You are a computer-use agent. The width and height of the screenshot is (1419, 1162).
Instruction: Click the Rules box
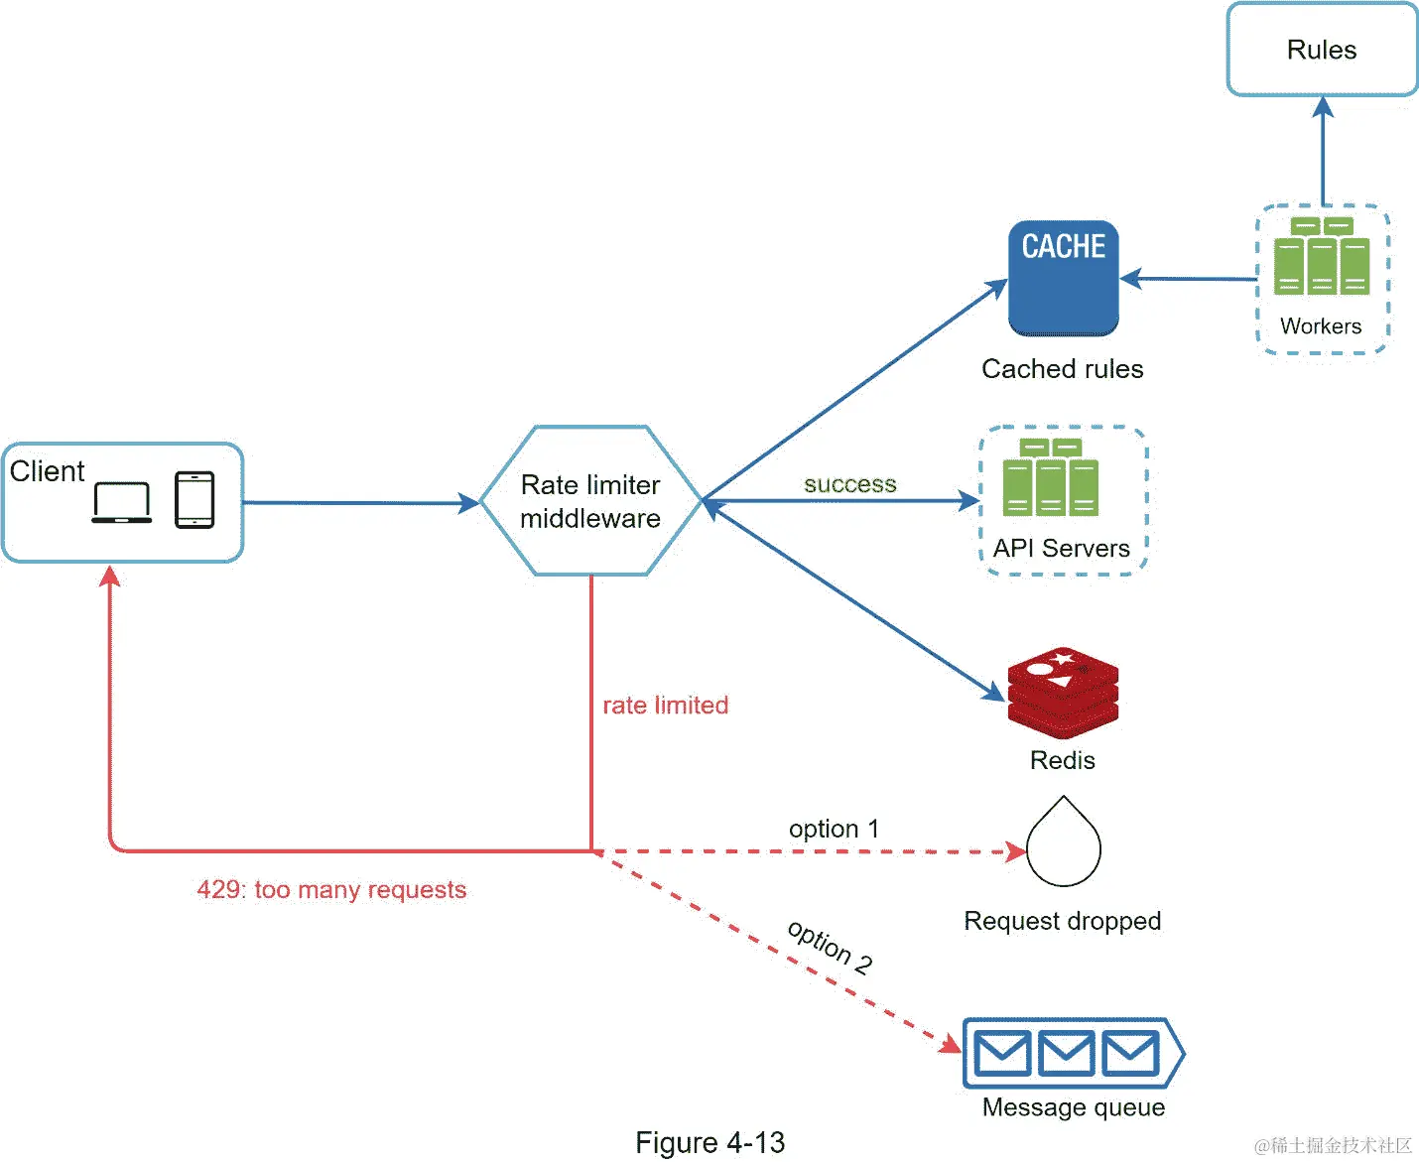point(1322,50)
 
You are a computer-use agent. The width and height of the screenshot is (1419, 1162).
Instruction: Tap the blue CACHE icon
point(1063,278)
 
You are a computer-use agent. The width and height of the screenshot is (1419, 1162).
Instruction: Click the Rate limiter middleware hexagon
point(590,501)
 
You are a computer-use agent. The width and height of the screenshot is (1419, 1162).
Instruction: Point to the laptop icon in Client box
point(121,502)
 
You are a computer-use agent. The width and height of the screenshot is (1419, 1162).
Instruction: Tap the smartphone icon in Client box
point(194,499)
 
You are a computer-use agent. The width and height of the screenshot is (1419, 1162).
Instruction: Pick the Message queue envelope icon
point(1067,1053)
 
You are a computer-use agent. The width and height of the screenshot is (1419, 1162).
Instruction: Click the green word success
point(849,484)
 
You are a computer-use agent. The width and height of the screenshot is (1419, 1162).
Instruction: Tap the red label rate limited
point(665,706)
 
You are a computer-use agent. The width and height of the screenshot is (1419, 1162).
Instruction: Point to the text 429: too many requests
point(331,889)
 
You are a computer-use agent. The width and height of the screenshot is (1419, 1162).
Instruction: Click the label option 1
point(834,829)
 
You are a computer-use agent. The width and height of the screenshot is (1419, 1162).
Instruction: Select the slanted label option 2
point(830,947)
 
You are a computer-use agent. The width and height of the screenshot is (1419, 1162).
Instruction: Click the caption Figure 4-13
point(709,1142)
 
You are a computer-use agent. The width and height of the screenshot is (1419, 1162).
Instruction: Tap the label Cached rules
point(1062,369)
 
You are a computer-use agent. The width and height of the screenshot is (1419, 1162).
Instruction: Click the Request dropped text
point(1062,921)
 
